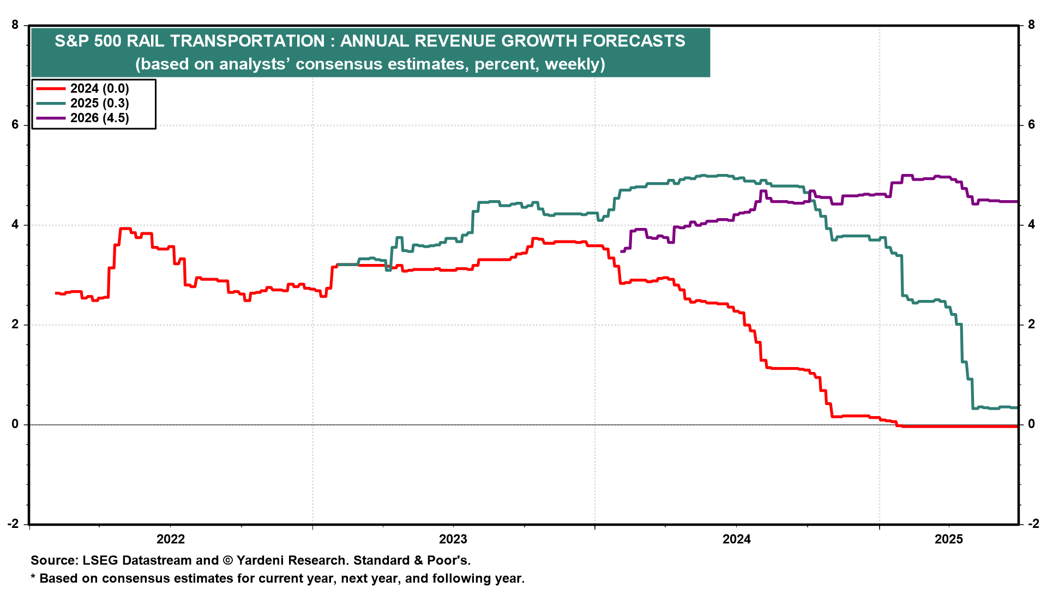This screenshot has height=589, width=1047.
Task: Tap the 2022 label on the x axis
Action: tap(171, 539)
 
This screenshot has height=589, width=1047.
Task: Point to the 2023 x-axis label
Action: tap(453, 539)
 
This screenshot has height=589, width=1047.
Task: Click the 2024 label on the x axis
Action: tap(737, 539)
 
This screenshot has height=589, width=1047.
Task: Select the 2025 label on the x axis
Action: tap(949, 539)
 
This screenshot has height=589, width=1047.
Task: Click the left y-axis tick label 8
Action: tap(15, 25)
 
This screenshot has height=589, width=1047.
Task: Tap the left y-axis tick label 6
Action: tap(15, 125)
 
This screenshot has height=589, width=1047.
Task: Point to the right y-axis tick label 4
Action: tap(1031, 225)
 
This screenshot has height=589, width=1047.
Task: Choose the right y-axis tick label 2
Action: tap(1031, 324)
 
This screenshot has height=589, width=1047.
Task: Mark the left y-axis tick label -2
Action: tap(13, 524)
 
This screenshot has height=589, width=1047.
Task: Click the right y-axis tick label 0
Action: tap(1031, 424)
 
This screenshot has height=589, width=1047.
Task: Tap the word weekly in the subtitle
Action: tap(573, 64)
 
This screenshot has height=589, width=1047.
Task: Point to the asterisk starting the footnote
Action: tap(33, 577)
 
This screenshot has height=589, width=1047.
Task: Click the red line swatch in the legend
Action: tap(50, 88)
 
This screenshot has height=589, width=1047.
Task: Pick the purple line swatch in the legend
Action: tap(50, 118)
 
